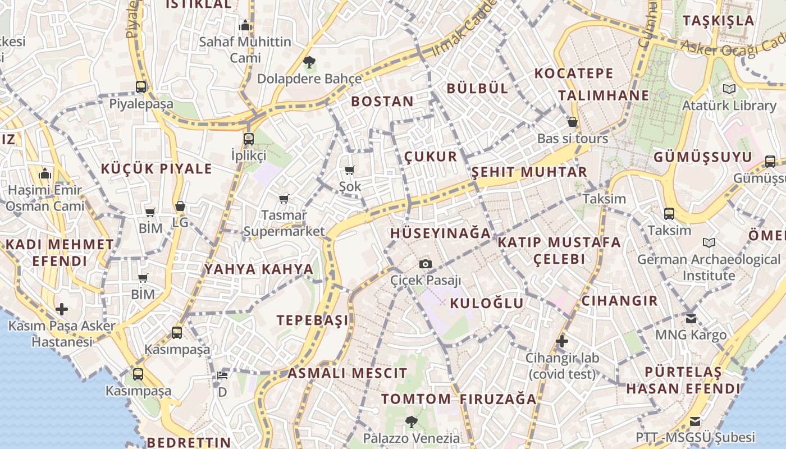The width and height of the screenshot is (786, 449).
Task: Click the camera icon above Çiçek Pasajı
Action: coord(426,264)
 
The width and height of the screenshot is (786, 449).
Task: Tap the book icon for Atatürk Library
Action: coord(729,89)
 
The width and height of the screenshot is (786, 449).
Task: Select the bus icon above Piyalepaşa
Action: coord(141,87)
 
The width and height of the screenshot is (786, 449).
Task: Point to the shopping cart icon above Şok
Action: coord(350,170)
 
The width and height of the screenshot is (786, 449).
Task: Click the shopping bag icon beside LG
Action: coord(180,206)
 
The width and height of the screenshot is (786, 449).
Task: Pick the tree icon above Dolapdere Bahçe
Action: coord(309,62)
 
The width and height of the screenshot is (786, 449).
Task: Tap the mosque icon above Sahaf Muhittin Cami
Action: coord(245,25)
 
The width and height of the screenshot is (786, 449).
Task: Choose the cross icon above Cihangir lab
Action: coord(561,341)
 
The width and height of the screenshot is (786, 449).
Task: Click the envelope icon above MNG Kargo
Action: coord(691,318)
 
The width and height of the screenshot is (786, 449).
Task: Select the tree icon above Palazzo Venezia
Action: coord(412,421)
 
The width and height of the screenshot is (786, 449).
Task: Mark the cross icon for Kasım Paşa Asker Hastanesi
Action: coord(62,309)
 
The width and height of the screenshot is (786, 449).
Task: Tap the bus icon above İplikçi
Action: coord(249,139)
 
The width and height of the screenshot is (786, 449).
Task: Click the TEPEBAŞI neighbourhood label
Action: coord(313,320)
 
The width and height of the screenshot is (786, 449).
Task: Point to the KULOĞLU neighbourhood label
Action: coord(487,304)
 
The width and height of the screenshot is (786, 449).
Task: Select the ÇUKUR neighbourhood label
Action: coord(431,157)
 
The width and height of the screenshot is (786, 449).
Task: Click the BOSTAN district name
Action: coord(382,102)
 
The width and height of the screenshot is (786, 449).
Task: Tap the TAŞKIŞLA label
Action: coord(719,21)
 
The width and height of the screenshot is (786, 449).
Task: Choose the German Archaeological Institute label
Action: coord(709,268)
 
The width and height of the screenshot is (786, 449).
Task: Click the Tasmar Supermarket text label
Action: coord(284,223)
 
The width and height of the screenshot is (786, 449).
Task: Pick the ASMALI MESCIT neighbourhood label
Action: coord(348,373)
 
